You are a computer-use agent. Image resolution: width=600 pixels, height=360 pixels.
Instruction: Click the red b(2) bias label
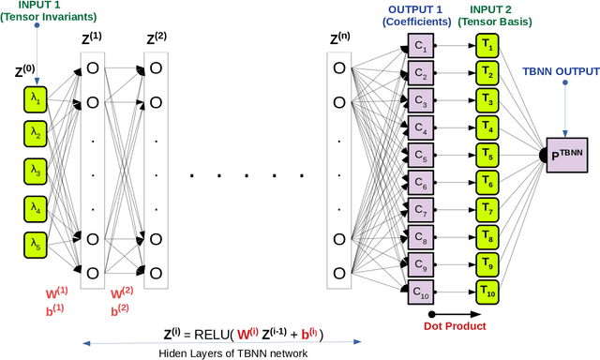(x=120, y=310)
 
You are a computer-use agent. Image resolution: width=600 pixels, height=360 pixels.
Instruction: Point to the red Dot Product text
(x=455, y=326)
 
